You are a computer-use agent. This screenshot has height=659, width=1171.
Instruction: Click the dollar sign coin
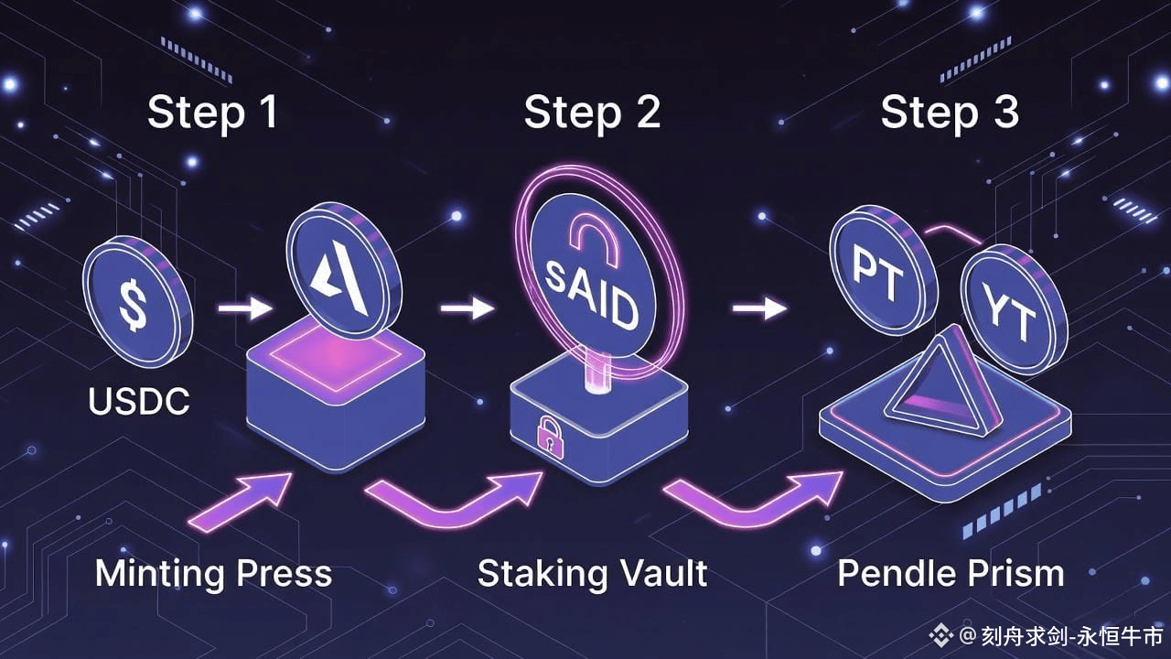pyautogui.click(x=136, y=299)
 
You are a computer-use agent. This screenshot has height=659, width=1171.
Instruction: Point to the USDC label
pyautogui.click(x=139, y=401)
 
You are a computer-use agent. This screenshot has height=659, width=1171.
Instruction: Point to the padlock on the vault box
pyautogui.click(x=550, y=436)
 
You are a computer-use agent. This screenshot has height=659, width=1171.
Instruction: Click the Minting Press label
pyautogui.click(x=213, y=574)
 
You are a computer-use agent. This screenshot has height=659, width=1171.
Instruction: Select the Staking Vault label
pyautogui.click(x=592, y=574)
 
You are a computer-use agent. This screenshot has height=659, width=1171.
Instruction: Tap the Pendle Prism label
pyautogui.click(x=951, y=574)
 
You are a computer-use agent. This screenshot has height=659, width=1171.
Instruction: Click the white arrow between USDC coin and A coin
pyautogui.click(x=244, y=309)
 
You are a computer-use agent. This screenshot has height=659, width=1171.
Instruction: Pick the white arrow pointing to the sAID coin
pyautogui.click(x=467, y=309)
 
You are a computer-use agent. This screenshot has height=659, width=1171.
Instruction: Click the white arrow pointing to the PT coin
pyautogui.click(x=758, y=309)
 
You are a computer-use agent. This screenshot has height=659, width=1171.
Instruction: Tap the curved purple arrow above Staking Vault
pyautogui.click(x=457, y=499)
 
